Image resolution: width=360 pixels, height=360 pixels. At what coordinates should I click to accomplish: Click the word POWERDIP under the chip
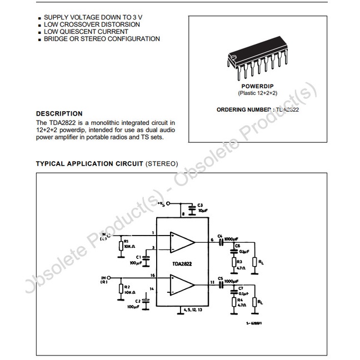(257, 86)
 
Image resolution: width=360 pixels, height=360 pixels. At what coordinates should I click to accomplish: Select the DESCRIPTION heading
(59, 113)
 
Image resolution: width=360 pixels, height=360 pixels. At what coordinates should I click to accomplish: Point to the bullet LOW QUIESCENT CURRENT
(83, 32)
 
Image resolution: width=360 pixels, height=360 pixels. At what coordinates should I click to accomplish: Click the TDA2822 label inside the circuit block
(181, 263)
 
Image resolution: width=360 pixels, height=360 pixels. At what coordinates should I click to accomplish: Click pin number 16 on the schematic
(152, 276)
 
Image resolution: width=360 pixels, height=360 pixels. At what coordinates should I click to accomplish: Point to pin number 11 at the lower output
(213, 283)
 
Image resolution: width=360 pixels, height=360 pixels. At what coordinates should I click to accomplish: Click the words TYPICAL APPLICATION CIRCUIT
(89, 164)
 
